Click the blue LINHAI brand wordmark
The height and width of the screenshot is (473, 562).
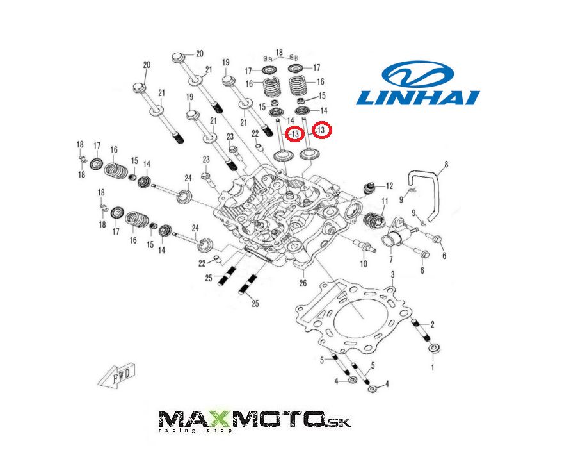[418, 97]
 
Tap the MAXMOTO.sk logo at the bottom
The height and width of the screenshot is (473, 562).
[254, 421]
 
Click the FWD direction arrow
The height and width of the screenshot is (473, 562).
[117, 376]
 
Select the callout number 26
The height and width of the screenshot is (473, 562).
[303, 283]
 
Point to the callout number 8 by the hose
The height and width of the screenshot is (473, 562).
[446, 164]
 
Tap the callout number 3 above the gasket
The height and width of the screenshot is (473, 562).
[393, 274]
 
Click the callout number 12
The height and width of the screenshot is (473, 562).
[389, 186]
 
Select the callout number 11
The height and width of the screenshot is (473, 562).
[385, 201]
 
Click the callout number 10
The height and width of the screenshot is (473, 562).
[364, 264]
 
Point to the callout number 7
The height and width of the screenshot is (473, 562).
[390, 259]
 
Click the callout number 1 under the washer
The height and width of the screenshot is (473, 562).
[432, 367]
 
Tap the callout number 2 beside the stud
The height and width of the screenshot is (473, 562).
[432, 324]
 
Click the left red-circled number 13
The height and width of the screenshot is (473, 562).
[295, 134]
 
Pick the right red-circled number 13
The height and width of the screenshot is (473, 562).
[321, 129]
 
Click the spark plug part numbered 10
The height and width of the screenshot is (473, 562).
[364, 246]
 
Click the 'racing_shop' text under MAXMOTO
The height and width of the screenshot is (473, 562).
[195, 430]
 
